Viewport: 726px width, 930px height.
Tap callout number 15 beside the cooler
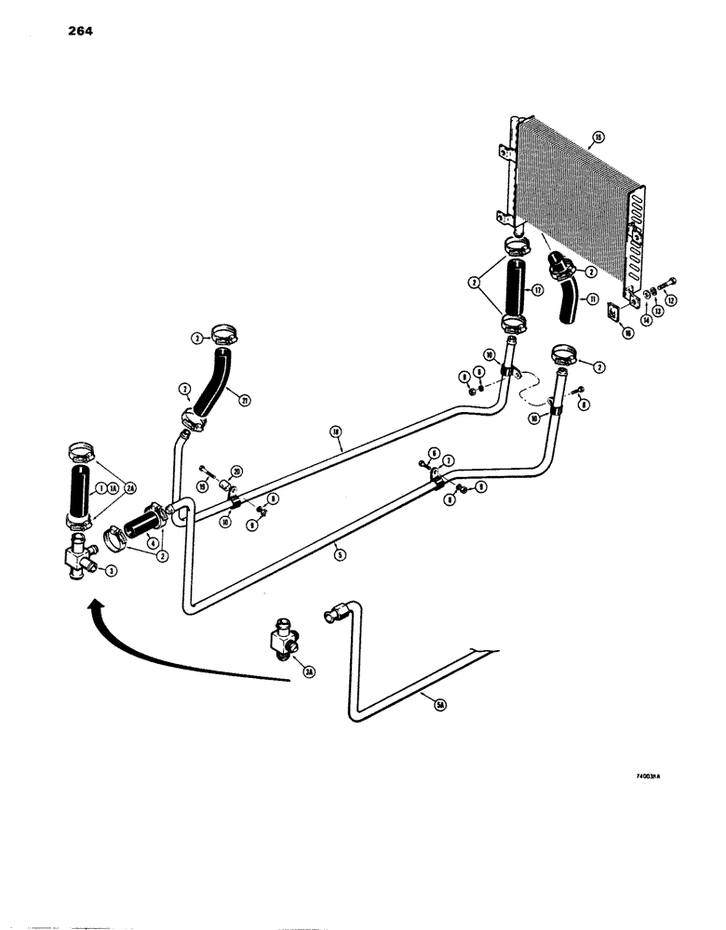click(x=598, y=139)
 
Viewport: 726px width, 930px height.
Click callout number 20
click(x=236, y=471)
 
